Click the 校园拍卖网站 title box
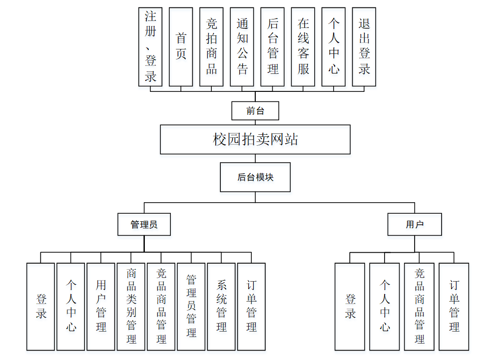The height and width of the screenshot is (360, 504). (x=255, y=139)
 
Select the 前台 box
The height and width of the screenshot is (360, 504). (x=255, y=111)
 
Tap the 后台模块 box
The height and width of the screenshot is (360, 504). (x=255, y=177)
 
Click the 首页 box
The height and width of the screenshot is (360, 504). (x=181, y=46)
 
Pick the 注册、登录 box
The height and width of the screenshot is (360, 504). (x=150, y=46)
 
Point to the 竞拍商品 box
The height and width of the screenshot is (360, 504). (x=211, y=46)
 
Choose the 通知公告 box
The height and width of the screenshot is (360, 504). (x=242, y=46)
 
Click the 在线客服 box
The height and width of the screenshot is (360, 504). (x=303, y=46)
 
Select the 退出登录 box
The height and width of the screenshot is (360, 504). (x=364, y=46)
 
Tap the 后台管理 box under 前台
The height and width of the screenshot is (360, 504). (x=273, y=46)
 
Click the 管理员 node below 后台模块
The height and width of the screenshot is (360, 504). (x=144, y=225)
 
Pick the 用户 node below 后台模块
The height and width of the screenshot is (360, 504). (x=415, y=225)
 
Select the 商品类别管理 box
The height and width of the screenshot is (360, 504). (x=131, y=306)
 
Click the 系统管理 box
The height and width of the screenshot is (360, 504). (x=221, y=306)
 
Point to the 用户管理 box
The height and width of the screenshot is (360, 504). (x=101, y=306)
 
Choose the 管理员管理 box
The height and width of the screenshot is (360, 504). (x=191, y=306)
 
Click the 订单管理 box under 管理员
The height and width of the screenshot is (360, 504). (x=251, y=306)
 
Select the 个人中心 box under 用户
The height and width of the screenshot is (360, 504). (x=384, y=306)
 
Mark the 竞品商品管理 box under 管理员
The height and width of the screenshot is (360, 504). (x=161, y=306)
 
